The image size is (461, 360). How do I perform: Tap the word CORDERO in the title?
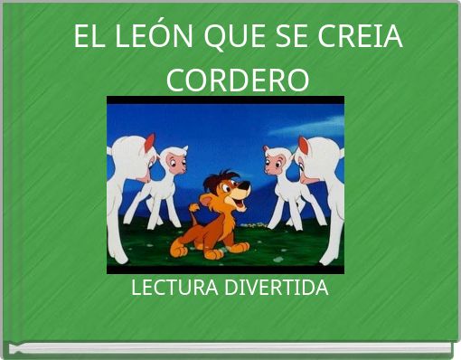238,80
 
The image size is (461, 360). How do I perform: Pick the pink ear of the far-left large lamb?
148,143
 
